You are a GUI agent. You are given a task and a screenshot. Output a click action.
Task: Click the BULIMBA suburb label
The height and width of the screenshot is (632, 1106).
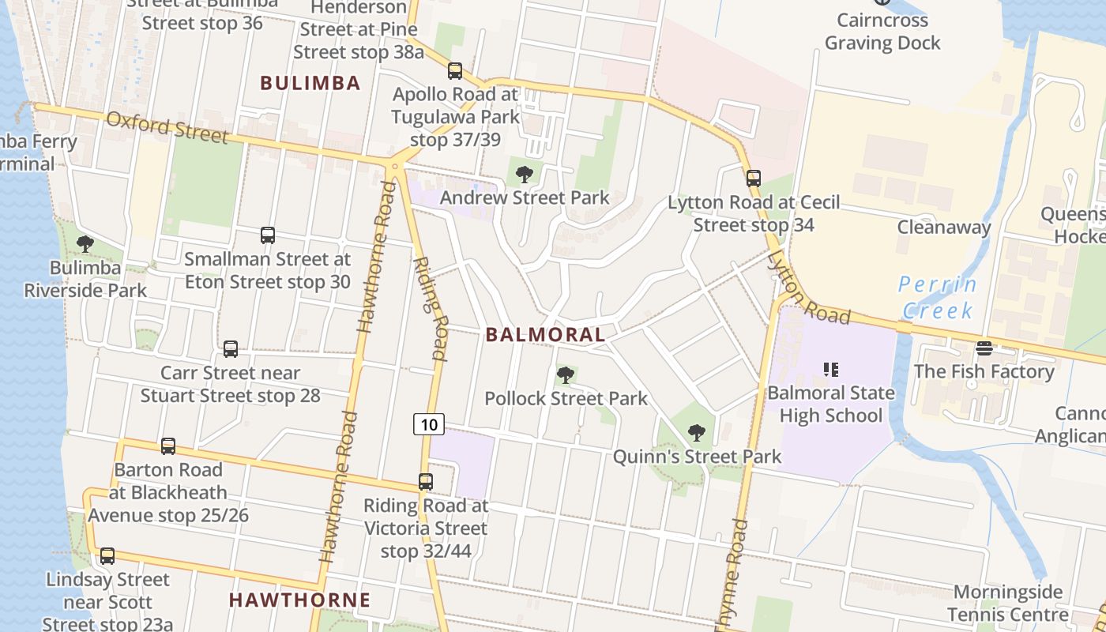pos(310,83)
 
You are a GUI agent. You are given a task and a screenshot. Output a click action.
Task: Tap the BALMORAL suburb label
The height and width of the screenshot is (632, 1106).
pos(545,334)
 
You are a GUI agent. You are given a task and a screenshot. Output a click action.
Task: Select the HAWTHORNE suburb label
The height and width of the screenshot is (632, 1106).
pos(299,600)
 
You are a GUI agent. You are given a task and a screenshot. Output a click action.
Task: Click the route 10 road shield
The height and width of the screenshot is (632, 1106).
pos(429,424)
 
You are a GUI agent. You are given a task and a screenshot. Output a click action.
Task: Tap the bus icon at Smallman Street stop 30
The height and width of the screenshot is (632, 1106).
pos(268,235)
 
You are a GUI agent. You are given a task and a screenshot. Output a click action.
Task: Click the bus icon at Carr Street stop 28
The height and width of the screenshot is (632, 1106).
pos(231,349)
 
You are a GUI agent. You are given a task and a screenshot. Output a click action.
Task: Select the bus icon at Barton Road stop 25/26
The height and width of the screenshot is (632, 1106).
pos(168,446)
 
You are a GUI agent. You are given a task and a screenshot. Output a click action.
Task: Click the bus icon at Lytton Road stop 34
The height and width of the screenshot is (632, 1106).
pos(754,179)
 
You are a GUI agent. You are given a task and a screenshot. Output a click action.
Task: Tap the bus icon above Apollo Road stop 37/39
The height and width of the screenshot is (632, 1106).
pos(455,71)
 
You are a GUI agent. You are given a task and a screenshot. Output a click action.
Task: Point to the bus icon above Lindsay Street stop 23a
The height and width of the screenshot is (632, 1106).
pos(107,556)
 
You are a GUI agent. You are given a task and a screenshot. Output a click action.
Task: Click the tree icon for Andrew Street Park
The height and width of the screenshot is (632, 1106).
pos(524,175)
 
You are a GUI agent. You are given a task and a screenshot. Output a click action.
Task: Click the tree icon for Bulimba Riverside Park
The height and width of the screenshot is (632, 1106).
pos(85,244)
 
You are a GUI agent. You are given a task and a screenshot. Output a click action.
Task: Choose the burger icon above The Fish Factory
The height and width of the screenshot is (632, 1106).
pos(984,348)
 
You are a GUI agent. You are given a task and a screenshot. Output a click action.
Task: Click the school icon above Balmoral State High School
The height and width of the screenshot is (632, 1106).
pos(830,369)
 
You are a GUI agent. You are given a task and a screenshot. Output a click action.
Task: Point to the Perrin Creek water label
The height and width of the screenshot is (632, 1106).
pos(938,297)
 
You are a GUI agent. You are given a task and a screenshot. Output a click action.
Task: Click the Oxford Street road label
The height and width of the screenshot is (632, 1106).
pos(167,127)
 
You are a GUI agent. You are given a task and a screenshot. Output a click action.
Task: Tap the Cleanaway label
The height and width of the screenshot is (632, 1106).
pos(943,228)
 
